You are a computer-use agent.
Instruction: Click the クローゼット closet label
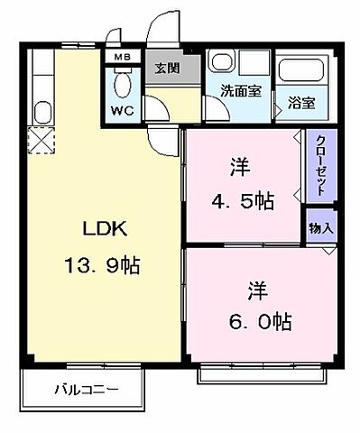(x=320, y=166)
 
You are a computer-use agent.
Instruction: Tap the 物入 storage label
(x=320, y=227)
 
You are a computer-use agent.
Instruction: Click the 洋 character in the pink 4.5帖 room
(x=239, y=168)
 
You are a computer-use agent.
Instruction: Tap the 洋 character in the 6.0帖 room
(x=258, y=290)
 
